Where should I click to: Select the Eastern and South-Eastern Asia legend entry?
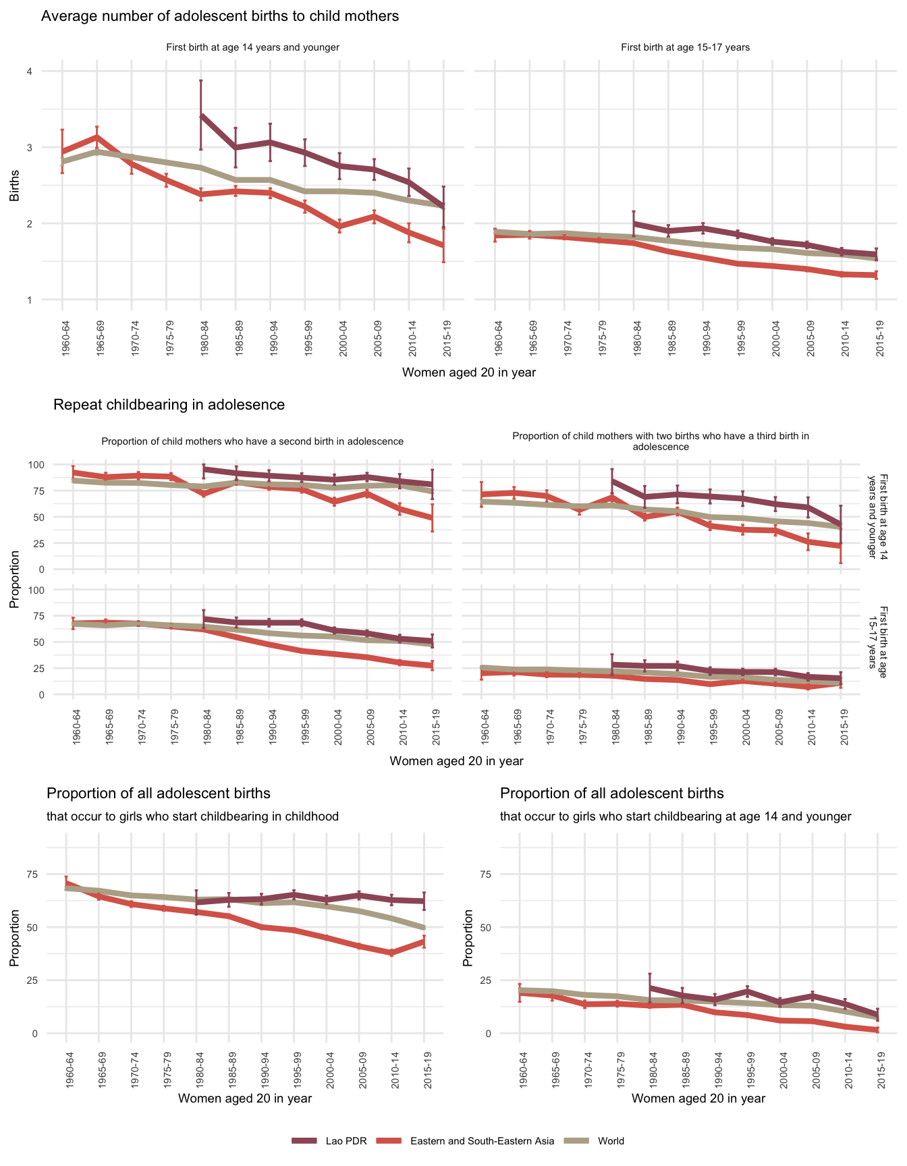(482, 1141)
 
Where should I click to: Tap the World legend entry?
(611, 1141)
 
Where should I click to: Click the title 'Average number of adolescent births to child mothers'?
(220, 16)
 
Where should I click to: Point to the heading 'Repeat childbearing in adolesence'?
(169, 405)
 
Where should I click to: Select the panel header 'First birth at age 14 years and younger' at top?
(252, 47)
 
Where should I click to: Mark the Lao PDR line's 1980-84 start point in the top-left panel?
(201, 116)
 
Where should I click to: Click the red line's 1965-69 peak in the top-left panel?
(97, 137)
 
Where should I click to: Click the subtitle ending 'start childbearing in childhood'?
(192, 816)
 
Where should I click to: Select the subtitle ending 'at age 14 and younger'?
(676, 816)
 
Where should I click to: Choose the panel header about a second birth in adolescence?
(252, 441)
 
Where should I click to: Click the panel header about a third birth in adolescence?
(660, 441)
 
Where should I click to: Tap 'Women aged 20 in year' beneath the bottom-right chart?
(698, 1099)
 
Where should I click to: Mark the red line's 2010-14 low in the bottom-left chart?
(391, 953)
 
